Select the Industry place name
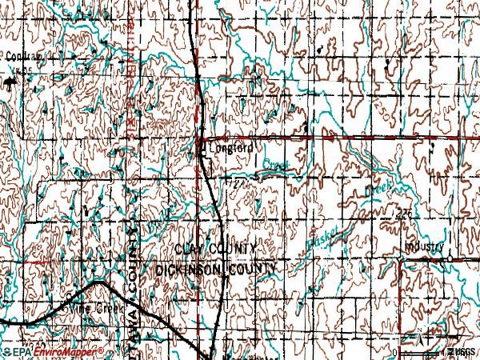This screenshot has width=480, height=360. point(424,247)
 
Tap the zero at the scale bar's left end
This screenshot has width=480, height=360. point(395,352)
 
